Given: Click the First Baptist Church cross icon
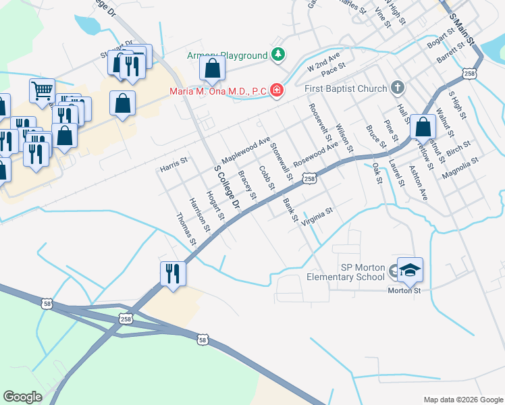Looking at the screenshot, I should pyautogui.click(x=398, y=88).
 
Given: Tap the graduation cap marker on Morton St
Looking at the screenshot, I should pyautogui.click(x=409, y=270).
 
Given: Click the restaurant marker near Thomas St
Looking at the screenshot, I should pyautogui.click(x=172, y=273).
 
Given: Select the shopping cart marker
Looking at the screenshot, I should pyautogui.click(x=42, y=90).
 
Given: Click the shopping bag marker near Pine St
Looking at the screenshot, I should pyautogui.click(x=423, y=126).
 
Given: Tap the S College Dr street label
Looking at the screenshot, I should pyautogui.click(x=228, y=187).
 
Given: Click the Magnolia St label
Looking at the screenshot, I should pyautogui.click(x=460, y=167).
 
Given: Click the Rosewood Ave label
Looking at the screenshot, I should pyautogui.click(x=315, y=156).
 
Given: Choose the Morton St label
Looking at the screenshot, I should pyautogui.click(x=404, y=290).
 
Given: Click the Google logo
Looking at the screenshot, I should pyautogui.click(x=23, y=397).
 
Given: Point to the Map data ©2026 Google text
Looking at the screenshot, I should pyautogui.click(x=462, y=399).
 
